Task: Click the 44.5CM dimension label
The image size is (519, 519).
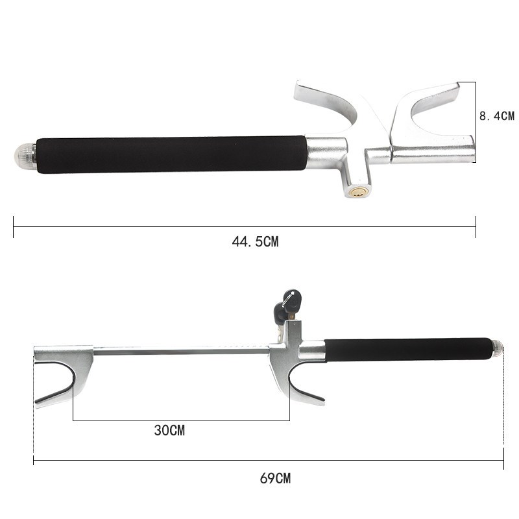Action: [255, 241]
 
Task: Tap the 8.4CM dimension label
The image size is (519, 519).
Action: [497, 116]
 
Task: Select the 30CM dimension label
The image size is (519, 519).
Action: [169, 430]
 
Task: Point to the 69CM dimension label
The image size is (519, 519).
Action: [275, 478]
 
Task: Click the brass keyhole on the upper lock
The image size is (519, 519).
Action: [357, 192]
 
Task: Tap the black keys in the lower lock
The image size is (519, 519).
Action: [287, 304]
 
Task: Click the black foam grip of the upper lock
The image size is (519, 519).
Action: [171, 154]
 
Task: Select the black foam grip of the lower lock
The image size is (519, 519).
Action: [408, 350]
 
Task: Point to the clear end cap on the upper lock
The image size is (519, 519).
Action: [25, 154]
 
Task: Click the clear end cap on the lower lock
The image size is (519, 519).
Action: [498, 349]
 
